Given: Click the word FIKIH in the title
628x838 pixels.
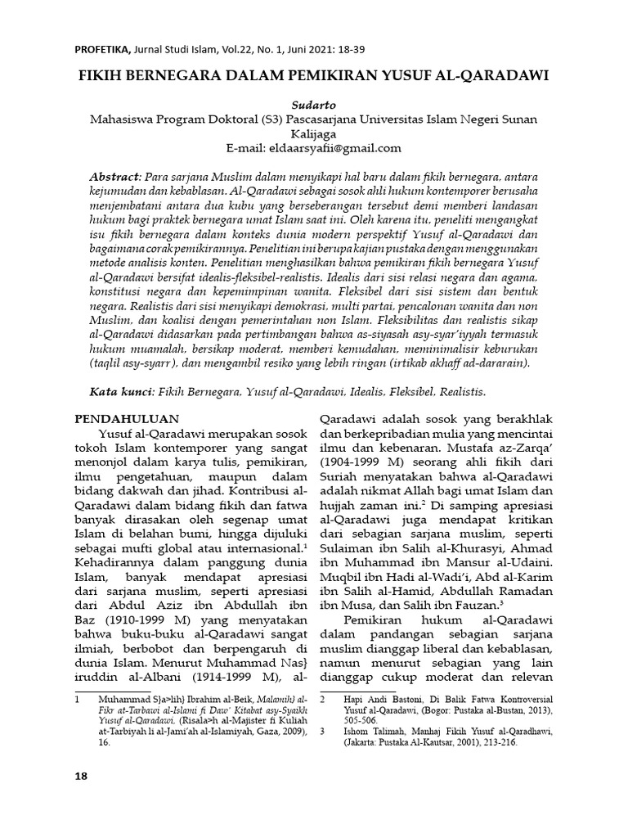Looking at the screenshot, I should [x=102, y=74].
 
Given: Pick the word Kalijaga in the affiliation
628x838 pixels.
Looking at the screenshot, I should [x=314, y=133].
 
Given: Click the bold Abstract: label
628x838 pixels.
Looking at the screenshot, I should [x=116, y=177].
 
